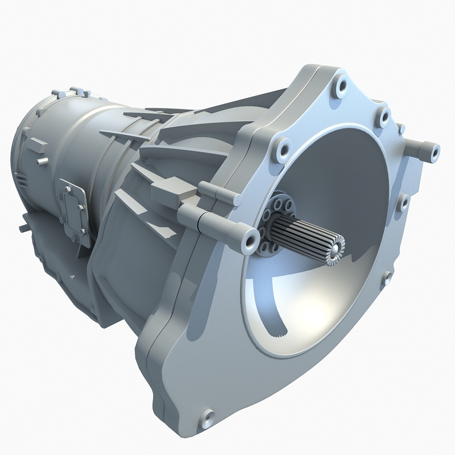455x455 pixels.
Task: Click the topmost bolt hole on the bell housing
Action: click(x=341, y=86)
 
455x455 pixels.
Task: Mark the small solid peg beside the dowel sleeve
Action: click(x=402, y=129)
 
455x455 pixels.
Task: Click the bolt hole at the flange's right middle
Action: click(x=403, y=202)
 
